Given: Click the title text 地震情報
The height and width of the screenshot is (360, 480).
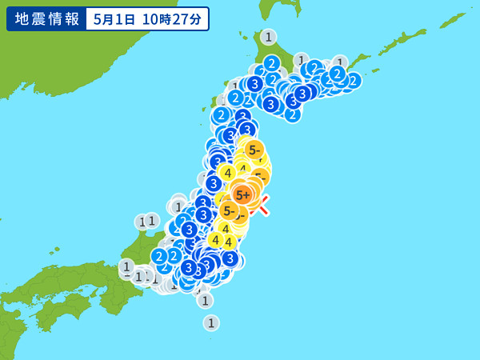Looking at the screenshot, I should (44, 18).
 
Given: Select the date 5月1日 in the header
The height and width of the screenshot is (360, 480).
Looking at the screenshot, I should (114, 18).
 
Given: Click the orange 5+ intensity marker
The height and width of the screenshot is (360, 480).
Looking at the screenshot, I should (242, 194).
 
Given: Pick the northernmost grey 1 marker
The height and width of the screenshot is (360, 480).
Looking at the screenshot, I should (268, 37).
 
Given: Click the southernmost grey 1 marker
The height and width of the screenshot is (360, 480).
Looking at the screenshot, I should (210, 322).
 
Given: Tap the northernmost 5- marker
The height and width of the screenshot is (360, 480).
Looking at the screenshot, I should (254, 149).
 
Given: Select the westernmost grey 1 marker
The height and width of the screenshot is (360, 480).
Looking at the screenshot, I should (126, 266).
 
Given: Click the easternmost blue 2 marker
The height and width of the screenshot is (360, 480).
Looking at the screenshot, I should (353, 80).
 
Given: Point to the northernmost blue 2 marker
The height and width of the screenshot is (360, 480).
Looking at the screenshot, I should (271, 63).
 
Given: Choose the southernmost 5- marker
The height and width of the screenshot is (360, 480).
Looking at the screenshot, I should (230, 211).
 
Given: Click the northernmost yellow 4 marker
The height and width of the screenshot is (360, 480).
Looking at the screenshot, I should (227, 172).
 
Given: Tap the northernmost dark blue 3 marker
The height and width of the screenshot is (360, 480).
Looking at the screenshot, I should (254, 83).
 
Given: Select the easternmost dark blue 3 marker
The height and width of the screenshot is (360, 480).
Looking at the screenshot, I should (302, 94).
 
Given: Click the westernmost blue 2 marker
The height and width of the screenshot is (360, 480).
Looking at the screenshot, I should (159, 257).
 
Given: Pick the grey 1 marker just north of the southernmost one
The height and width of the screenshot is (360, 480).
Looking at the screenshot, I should (205, 300).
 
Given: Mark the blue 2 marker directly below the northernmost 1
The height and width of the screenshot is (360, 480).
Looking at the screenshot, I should (271, 63).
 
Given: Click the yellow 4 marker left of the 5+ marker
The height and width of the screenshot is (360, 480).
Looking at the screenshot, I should (227, 172).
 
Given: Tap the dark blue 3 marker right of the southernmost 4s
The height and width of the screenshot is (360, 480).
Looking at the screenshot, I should (230, 258).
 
